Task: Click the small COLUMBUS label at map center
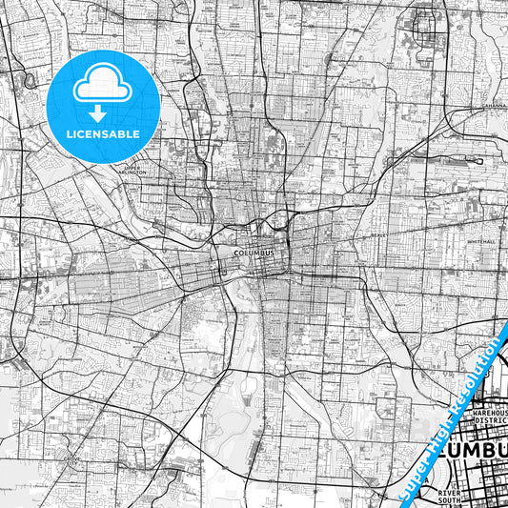coord(254,253)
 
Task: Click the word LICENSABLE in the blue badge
coord(103,133)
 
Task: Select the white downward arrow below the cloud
coord(103,111)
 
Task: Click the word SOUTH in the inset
coord(449,499)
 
